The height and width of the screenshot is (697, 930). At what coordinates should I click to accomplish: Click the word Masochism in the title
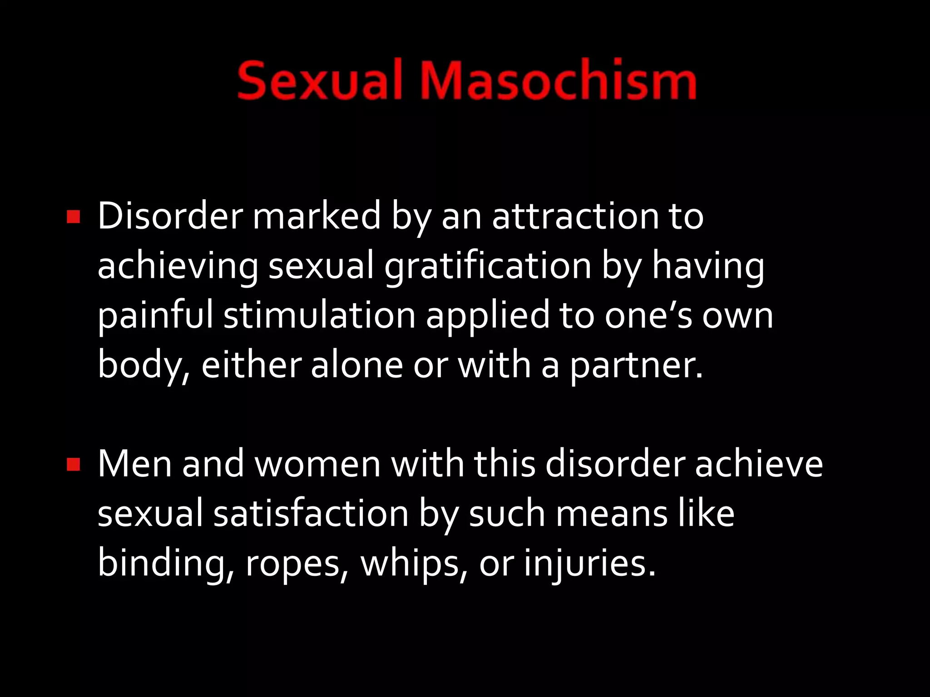point(558,81)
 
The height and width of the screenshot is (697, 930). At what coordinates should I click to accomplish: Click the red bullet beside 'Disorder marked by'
point(73,216)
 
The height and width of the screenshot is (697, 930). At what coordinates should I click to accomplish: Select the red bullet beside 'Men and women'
point(73,464)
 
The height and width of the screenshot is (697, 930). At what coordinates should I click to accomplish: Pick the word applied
point(487,316)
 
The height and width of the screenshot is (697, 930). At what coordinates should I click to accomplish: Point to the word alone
point(357,365)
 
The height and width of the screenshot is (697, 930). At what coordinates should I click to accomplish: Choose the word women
point(317,464)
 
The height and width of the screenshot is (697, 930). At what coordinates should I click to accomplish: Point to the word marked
point(317,216)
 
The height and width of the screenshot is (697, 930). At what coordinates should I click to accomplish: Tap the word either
point(251,365)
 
